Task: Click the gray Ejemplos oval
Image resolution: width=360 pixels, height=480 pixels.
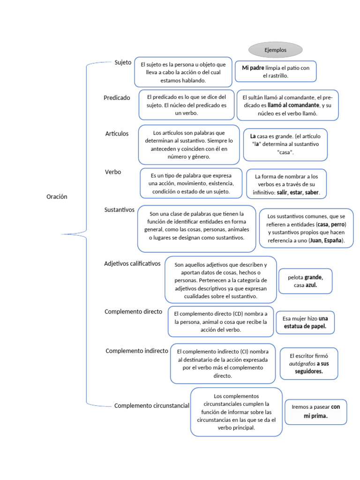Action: tap(275, 49)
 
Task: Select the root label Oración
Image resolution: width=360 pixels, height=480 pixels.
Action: tap(57, 197)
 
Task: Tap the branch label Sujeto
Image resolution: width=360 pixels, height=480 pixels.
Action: tap(123, 62)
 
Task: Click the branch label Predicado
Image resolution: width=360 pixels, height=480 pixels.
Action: tap(117, 97)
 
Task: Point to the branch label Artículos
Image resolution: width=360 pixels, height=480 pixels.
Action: tap(117, 134)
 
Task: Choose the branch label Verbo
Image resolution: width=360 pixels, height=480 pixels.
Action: tap(113, 172)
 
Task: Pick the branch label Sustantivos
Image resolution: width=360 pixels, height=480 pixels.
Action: tap(119, 210)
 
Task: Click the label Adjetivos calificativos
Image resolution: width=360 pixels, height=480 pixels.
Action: tap(132, 263)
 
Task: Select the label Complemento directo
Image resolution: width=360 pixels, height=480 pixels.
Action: tap(133, 311)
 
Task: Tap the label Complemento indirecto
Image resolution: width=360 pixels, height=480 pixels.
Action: tap(137, 351)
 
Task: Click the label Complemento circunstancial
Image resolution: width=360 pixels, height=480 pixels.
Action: tap(152, 405)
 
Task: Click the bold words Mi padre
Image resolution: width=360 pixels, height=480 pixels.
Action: tap(253, 68)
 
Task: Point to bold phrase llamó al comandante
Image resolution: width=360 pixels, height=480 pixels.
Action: tap(293, 105)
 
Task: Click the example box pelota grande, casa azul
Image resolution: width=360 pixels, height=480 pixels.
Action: tap(305, 281)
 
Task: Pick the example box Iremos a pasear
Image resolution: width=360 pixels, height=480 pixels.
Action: tap(315, 412)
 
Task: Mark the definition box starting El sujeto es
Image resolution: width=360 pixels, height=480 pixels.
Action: tap(183, 72)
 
